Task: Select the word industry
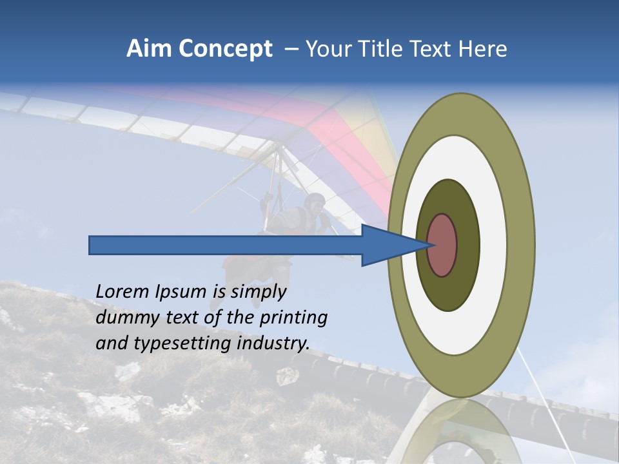tap(273, 343)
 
